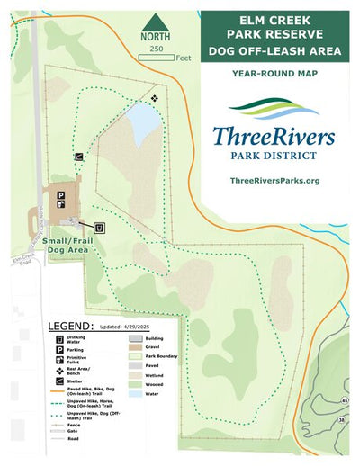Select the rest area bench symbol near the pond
pyautogui.click(x=155, y=97)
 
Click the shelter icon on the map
pyautogui.click(x=78, y=156)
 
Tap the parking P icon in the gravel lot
pyautogui.click(x=61, y=194)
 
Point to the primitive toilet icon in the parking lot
pyautogui.click(x=61, y=203)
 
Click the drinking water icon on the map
pyautogui.click(x=100, y=227)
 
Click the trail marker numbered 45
pyautogui.click(x=345, y=400)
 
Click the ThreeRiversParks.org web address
pyautogui.click(x=274, y=181)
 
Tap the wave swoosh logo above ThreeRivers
pyautogui.click(x=274, y=108)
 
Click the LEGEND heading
pyautogui.click(x=69, y=326)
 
